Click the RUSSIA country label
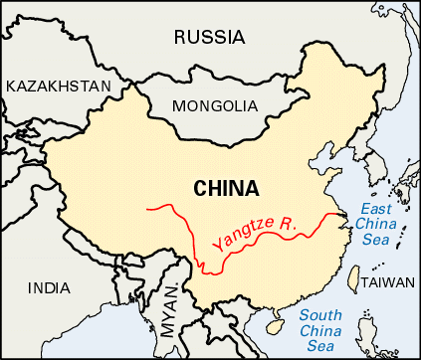click(x=209, y=38)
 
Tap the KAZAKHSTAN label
click(x=58, y=87)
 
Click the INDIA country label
click(x=49, y=288)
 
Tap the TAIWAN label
click(x=386, y=282)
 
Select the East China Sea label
click(x=373, y=222)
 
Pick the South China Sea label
click(x=329, y=330)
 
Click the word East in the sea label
click(x=376, y=208)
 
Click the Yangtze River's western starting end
click(x=148, y=209)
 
